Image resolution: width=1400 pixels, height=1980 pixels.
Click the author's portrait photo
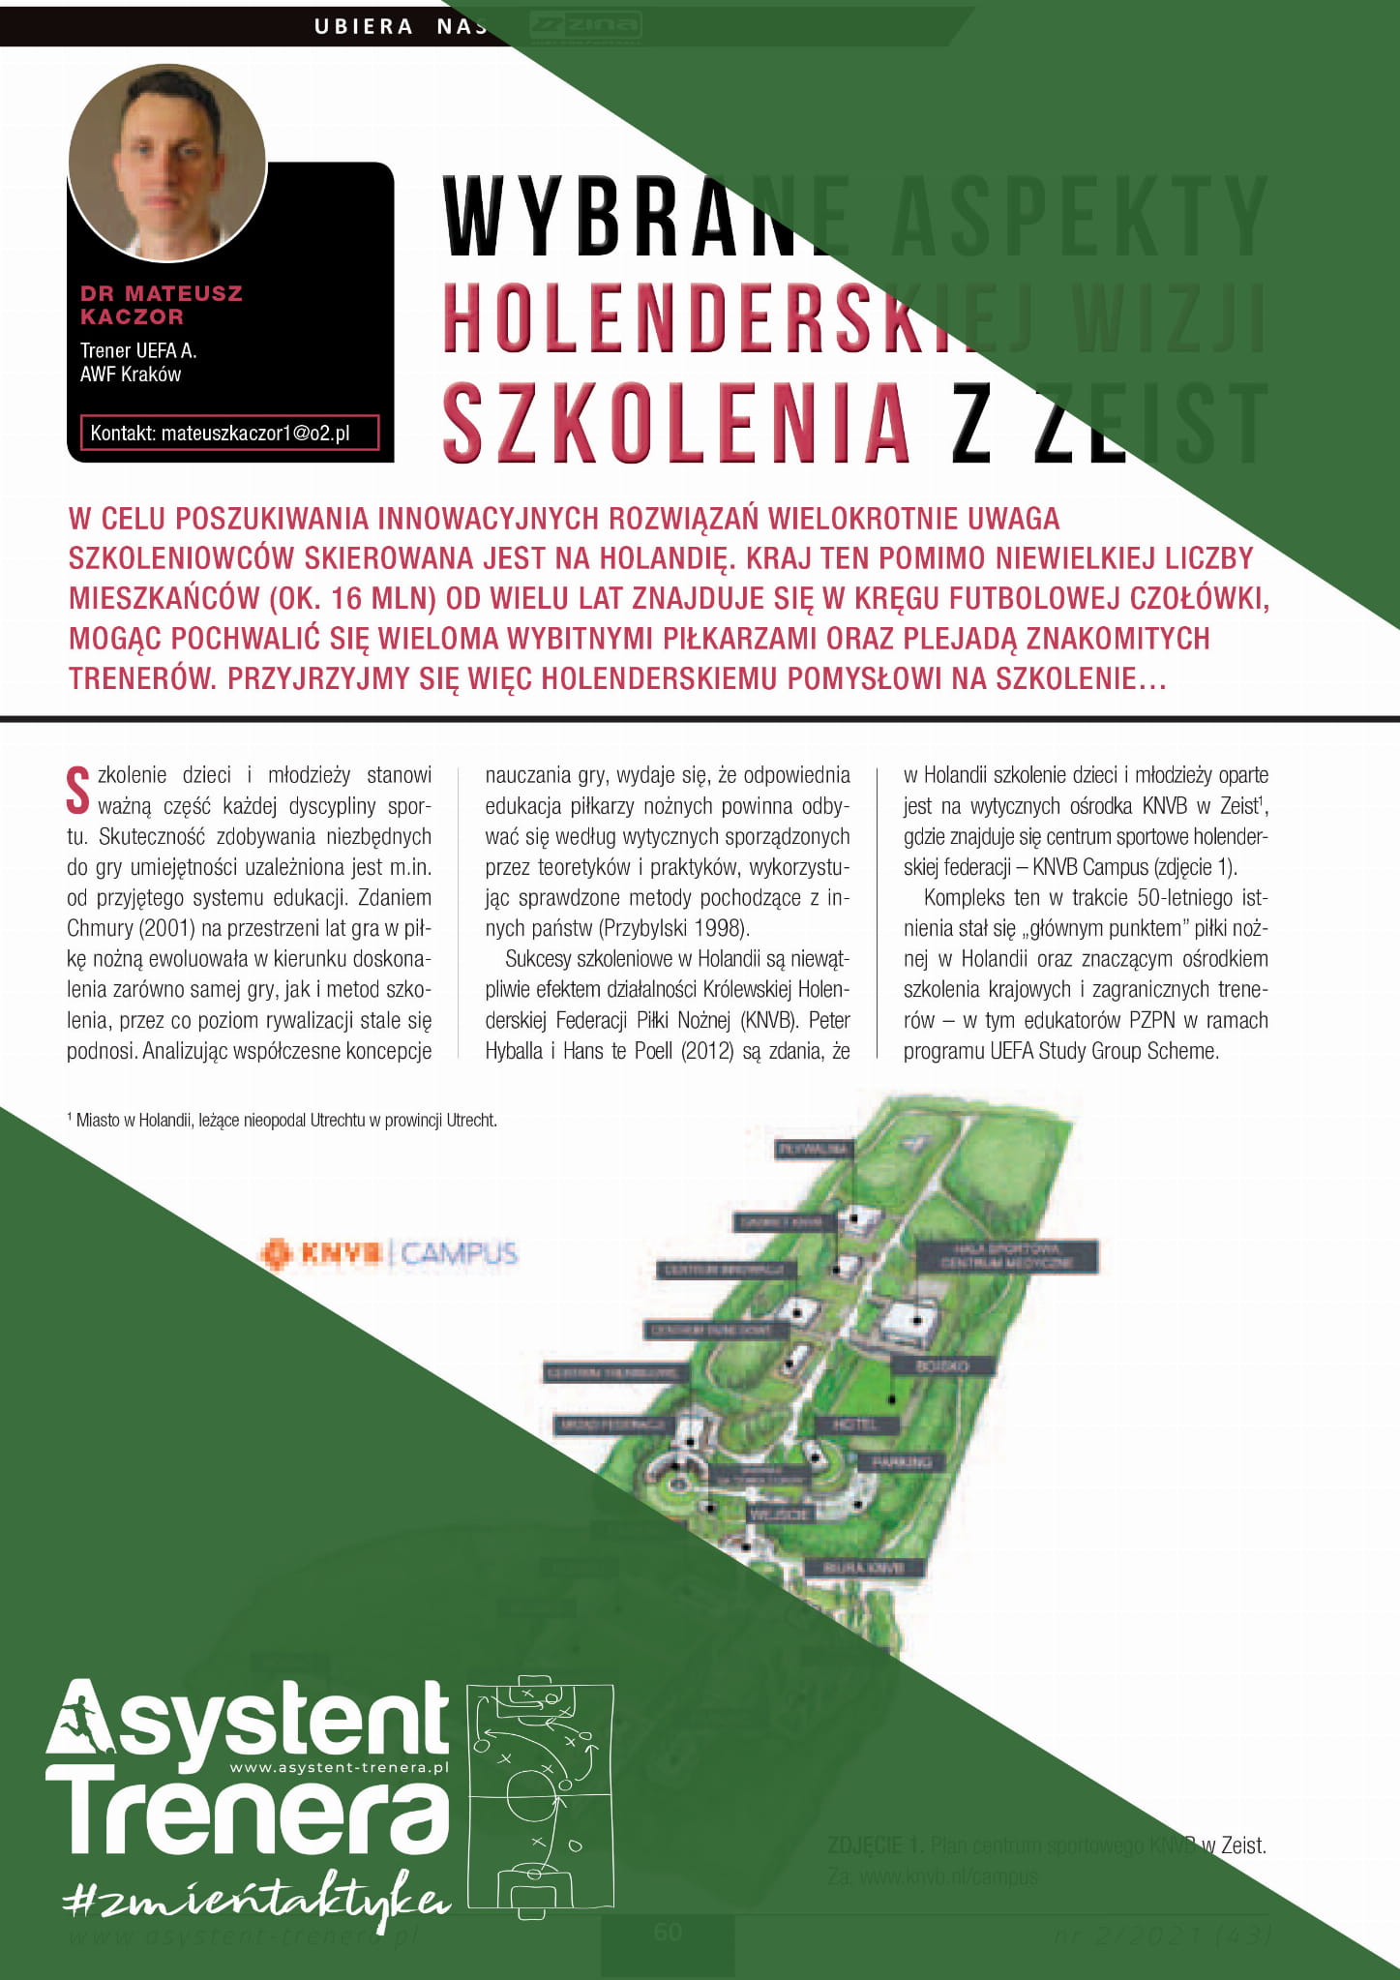pyautogui.click(x=166, y=163)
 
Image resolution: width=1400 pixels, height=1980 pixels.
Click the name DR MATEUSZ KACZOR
pyautogui.click(x=161, y=305)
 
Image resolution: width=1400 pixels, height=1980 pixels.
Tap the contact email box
pyautogui.click(x=229, y=433)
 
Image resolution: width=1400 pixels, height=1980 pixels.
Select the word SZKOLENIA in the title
pyautogui.click(x=676, y=423)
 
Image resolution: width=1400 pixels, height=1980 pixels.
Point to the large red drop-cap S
pyautogui.click(x=78, y=790)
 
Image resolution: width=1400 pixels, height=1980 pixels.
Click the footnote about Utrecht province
pyautogui.click(x=283, y=1120)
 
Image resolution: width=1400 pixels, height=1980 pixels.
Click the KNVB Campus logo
pyautogui.click(x=389, y=1253)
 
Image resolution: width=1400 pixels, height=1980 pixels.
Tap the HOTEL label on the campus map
pyautogui.click(x=854, y=1425)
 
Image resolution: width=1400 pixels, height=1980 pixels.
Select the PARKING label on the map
pyautogui.click(x=901, y=1462)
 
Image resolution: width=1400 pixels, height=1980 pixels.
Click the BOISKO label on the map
pyautogui.click(x=941, y=1365)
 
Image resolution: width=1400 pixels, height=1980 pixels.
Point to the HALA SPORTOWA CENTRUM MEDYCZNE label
pyautogui.click(x=1006, y=1256)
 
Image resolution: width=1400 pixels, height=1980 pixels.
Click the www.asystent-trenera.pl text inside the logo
pyautogui.click(x=339, y=1767)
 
